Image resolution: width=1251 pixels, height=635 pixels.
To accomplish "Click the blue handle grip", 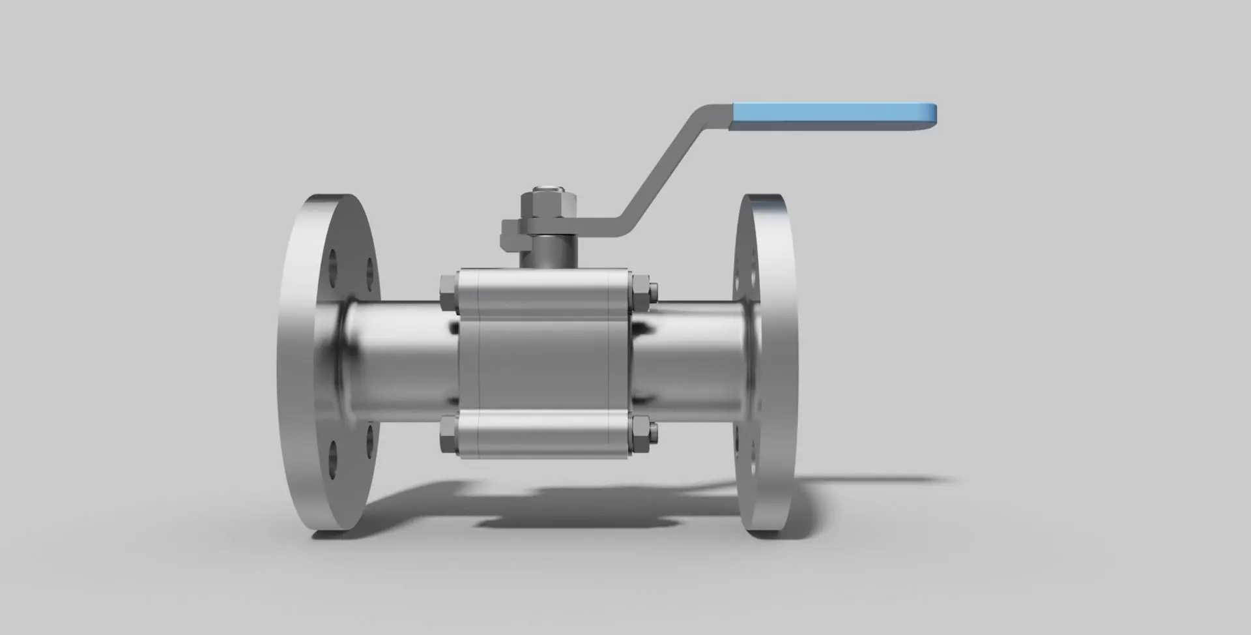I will point(827,115).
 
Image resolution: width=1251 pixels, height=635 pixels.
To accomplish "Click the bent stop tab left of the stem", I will point(511,235).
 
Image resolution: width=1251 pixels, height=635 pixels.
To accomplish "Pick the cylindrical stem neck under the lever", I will point(547,251).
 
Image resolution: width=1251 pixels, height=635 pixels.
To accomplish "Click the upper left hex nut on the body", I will point(449,292).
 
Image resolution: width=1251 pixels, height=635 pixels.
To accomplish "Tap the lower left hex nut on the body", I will point(449,436).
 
